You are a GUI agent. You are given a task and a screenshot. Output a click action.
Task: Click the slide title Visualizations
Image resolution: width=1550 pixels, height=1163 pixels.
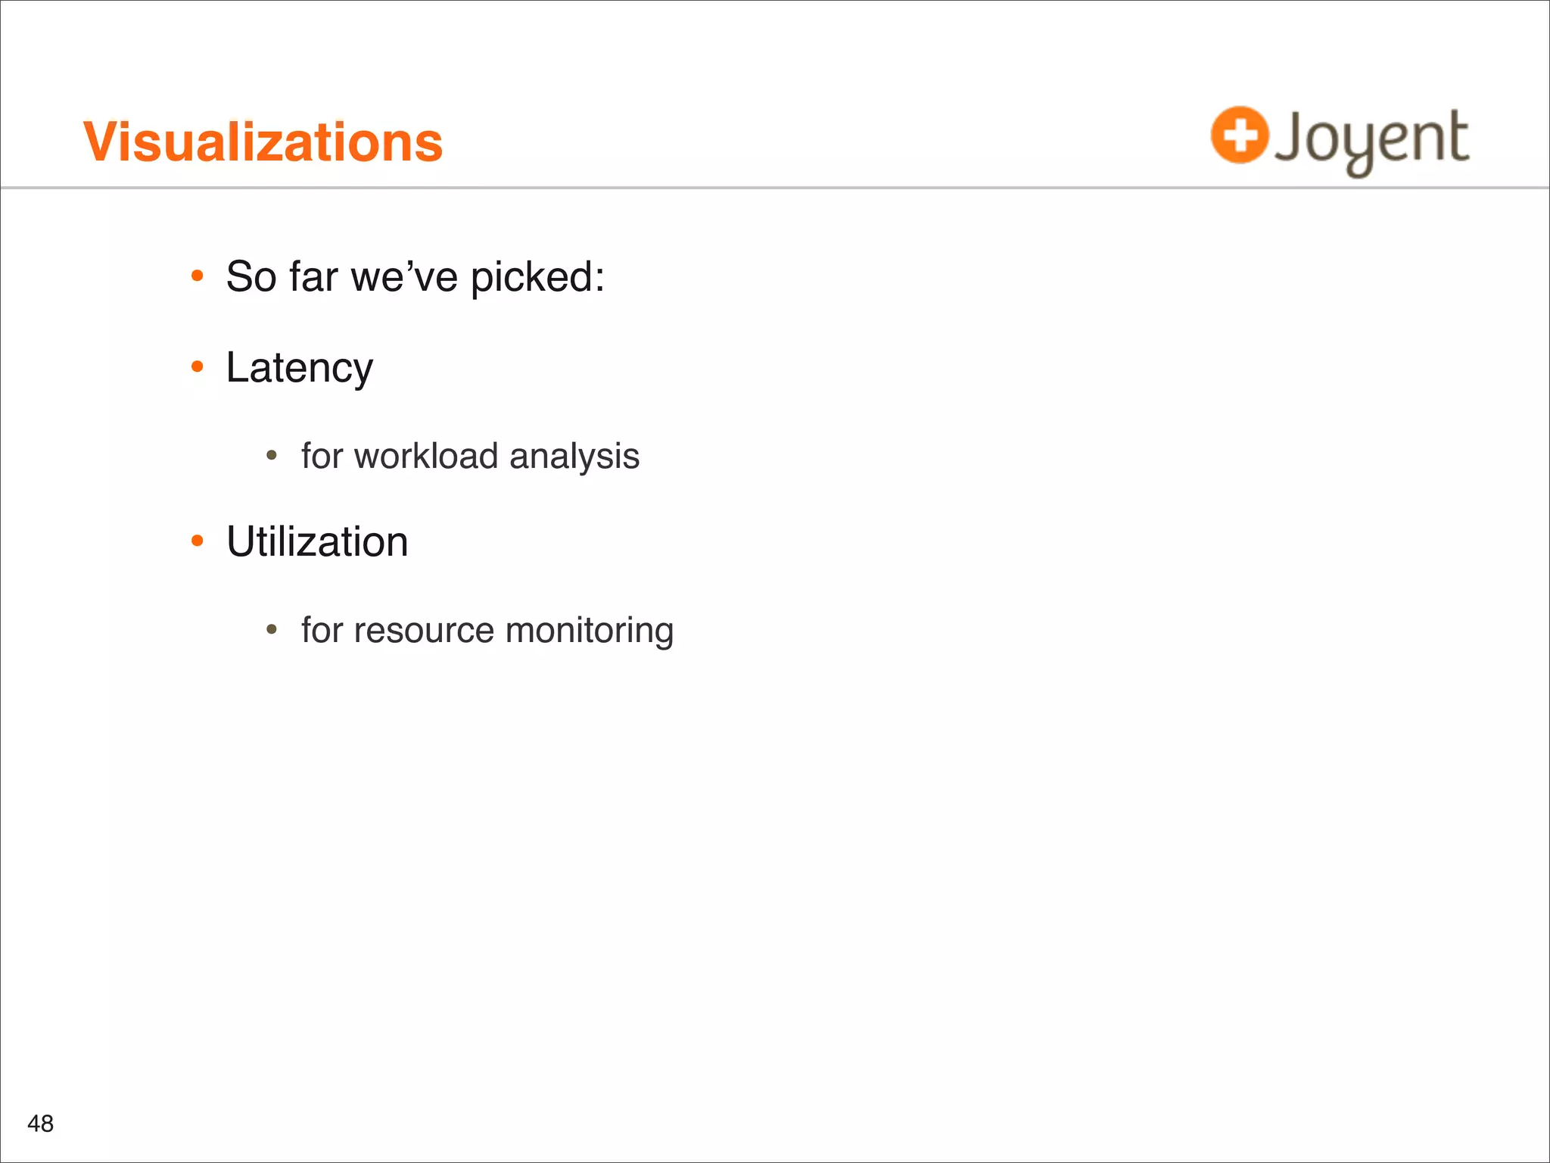click(263, 142)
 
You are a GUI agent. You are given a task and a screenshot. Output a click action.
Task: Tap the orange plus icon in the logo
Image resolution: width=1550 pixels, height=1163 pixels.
click(1239, 135)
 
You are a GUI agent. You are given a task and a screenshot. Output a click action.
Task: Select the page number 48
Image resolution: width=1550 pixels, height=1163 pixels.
click(40, 1123)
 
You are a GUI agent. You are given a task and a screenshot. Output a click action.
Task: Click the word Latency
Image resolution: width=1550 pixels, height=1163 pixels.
click(299, 368)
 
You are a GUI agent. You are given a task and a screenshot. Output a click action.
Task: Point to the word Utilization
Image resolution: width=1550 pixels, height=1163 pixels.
click(317, 541)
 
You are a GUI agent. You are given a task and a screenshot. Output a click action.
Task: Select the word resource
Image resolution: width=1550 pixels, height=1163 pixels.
click(424, 631)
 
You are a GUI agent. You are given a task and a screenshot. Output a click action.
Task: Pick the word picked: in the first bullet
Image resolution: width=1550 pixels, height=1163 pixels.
click(537, 278)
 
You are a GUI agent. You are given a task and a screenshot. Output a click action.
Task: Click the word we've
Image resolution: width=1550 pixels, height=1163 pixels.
click(404, 276)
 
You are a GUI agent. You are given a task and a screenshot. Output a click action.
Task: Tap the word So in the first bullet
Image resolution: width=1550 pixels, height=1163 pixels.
click(251, 276)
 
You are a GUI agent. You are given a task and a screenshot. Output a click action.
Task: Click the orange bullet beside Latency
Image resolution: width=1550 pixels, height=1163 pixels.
click(198, 367)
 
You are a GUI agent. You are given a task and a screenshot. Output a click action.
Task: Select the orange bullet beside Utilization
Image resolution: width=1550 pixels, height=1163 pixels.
click(198, 541)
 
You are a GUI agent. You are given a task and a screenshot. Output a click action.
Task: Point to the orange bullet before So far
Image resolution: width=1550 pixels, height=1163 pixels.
click(198, 276)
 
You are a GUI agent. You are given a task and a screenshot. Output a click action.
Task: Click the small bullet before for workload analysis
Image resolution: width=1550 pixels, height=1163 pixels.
click(272, 456)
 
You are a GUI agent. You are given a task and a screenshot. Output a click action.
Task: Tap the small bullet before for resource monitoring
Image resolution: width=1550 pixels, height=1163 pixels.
click(272, 630)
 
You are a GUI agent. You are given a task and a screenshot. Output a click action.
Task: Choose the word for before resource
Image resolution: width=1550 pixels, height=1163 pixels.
click(322, 631)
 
